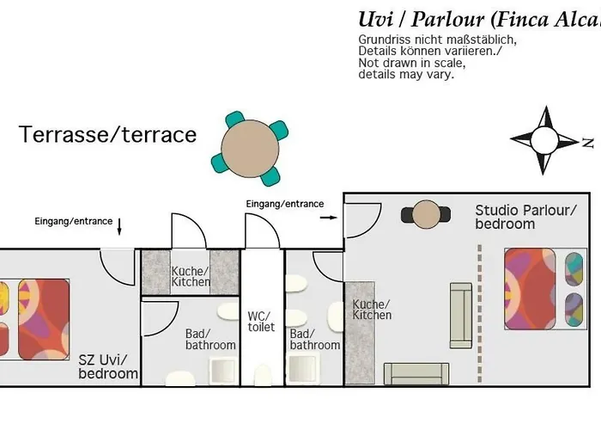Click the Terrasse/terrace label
pos(108,135)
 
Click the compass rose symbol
pos(544,138)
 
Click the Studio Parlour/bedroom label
pos(525,217)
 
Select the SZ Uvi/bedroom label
pos(107,366)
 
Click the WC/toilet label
pos(261,321)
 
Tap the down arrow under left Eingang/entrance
pos(119,227)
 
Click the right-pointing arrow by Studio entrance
pos(328,218)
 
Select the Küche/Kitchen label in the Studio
pos(371,310)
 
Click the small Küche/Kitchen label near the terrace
pos(190,275)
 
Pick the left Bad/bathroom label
pos(210,339)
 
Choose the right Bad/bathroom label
pos(314,339)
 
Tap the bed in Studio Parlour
pos(532,289)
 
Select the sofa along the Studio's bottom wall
pos(416,373)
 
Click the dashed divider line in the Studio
pos(479,310)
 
